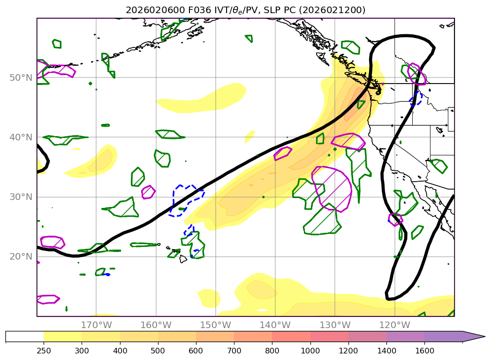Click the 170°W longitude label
point(96,325)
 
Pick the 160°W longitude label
point(156,325)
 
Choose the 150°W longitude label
point(215,325)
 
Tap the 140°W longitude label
point(275,325)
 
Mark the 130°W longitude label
point(335,325)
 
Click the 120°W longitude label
point(394,325)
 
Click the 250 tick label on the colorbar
point(44,350)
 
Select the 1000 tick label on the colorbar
point(310,350)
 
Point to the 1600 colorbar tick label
point(424,350)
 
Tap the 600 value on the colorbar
point(196,350)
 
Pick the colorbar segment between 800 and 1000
point(291,337)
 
